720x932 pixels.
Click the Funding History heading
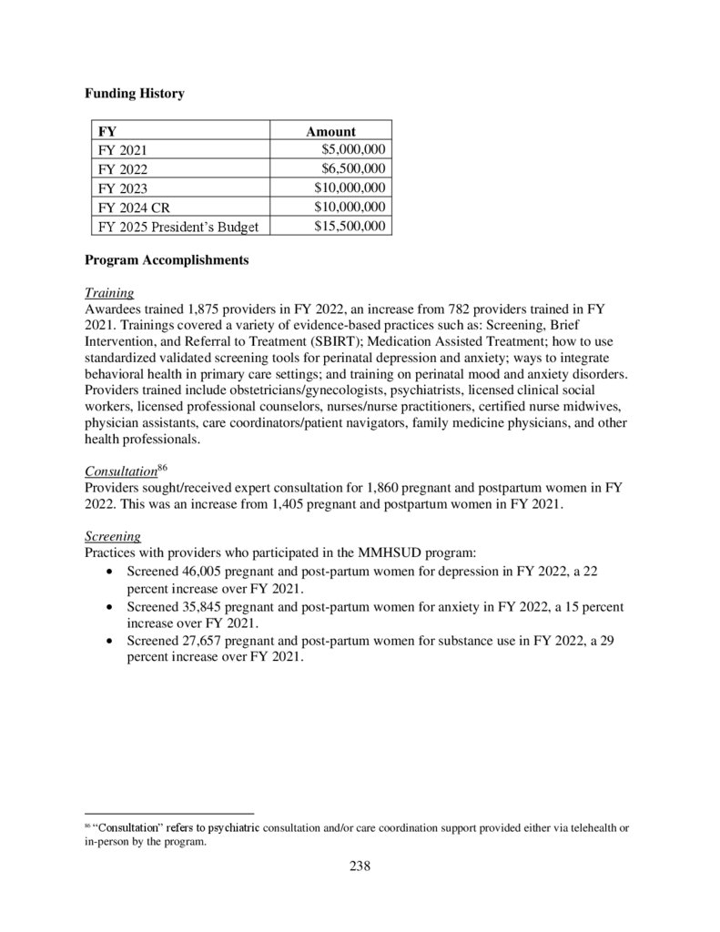[x=134, y=94]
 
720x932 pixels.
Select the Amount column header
[x=330, y=131]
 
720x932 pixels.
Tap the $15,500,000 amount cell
[x=350, y=226]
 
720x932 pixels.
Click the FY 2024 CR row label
[x=134, y=208]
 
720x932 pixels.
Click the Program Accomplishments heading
[x=166, y=260]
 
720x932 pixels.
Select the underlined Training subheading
[x=109, y=293]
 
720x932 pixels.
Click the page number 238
[x=360, y=866]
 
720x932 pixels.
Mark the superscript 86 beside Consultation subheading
[x=163, y=468]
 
